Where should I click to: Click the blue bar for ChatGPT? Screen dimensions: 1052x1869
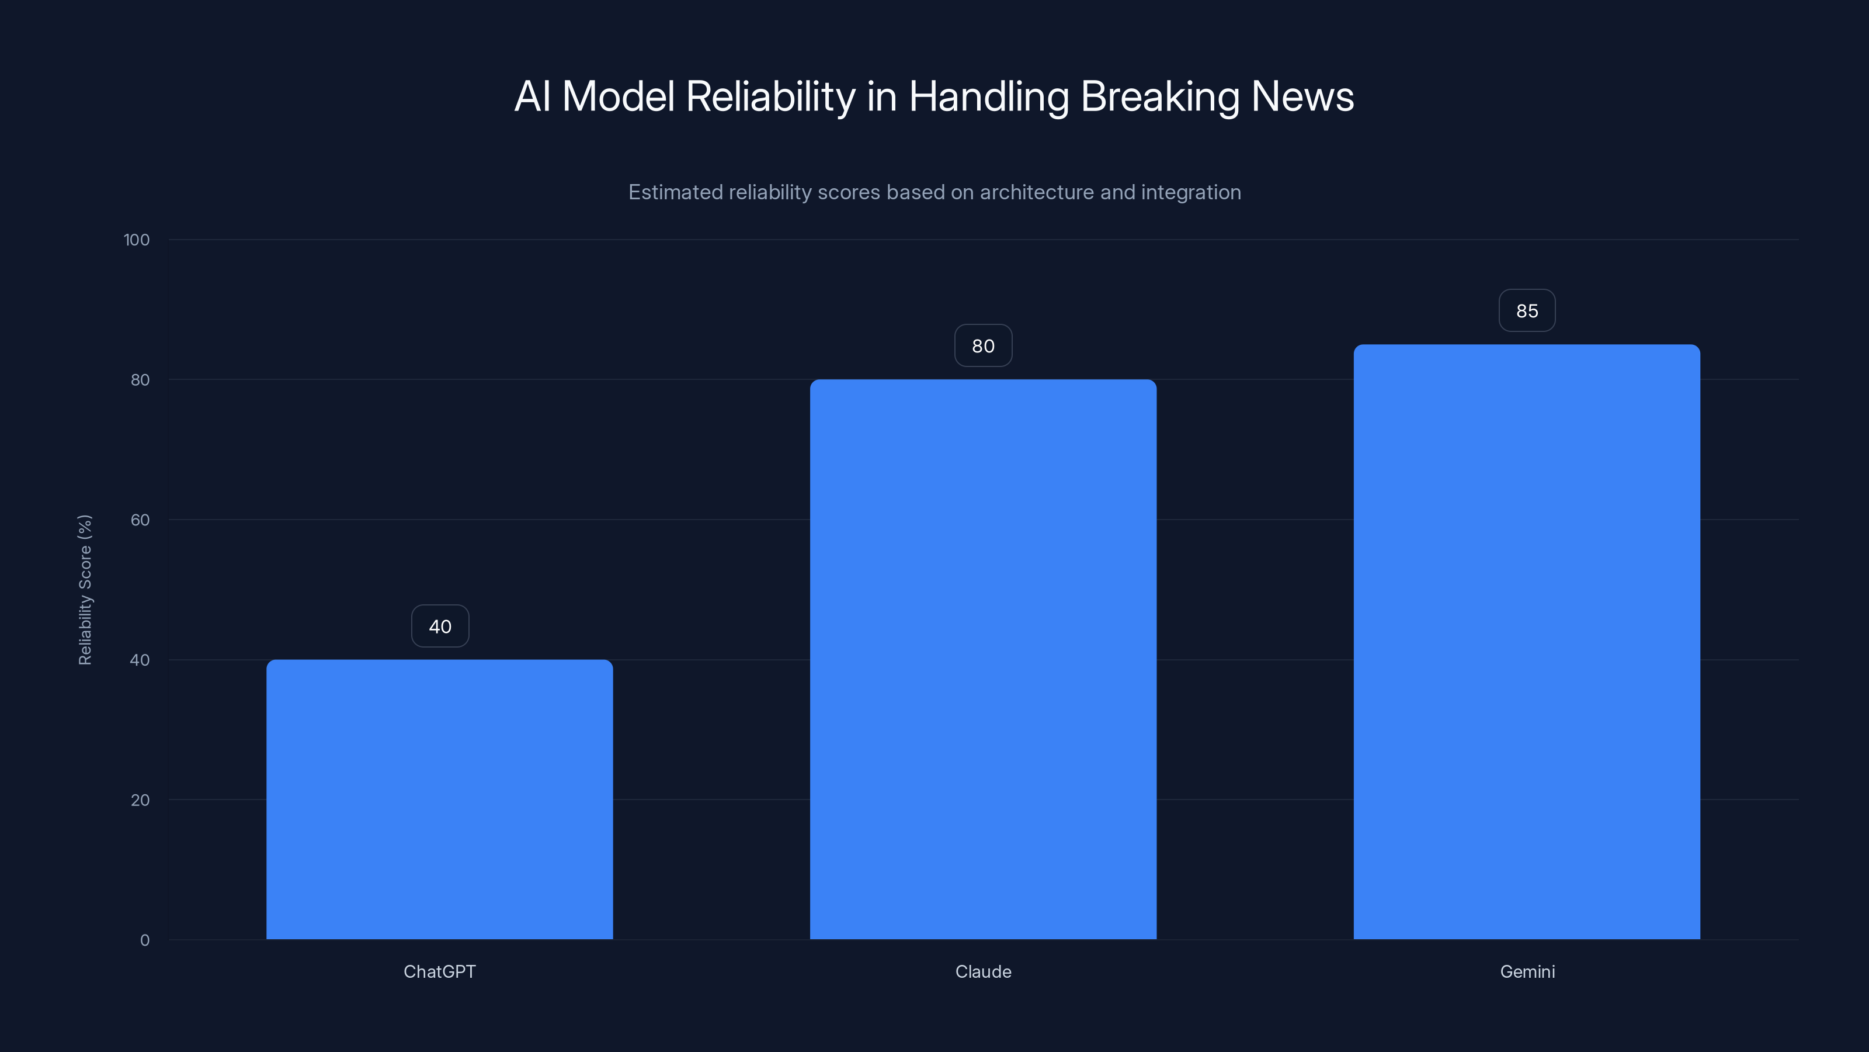click(x=439, y=798)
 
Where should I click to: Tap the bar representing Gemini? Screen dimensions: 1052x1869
click(x=1527, y=642)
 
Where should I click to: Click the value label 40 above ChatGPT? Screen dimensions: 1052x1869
click(x=440, y=627)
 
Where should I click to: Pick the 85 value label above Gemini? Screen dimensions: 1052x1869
click(x=1527, y=311)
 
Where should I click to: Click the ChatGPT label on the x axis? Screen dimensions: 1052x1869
click(x=439, y=971)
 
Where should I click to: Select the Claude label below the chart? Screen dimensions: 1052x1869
click(x=982, y=971)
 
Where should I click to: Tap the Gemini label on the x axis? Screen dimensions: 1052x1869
click(x=1527, y=971)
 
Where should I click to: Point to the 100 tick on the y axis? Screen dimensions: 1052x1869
click(x=137, y=240)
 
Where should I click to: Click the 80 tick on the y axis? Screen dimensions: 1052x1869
click(x=140, y=380)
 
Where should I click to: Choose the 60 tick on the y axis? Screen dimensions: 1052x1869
click(x=140, y=520)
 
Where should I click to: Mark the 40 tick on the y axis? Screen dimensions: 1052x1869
click(x=140, y=660)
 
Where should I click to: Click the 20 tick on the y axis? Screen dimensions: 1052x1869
click(x=140, y=800)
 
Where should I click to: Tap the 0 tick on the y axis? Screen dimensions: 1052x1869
click(x=144, y=940)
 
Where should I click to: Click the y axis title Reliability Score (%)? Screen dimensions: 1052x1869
click(x=85, y=590)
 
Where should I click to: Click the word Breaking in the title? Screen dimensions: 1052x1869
click(x=1159, y=96)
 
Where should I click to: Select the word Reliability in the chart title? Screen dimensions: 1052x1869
click(x=770, y=96)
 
